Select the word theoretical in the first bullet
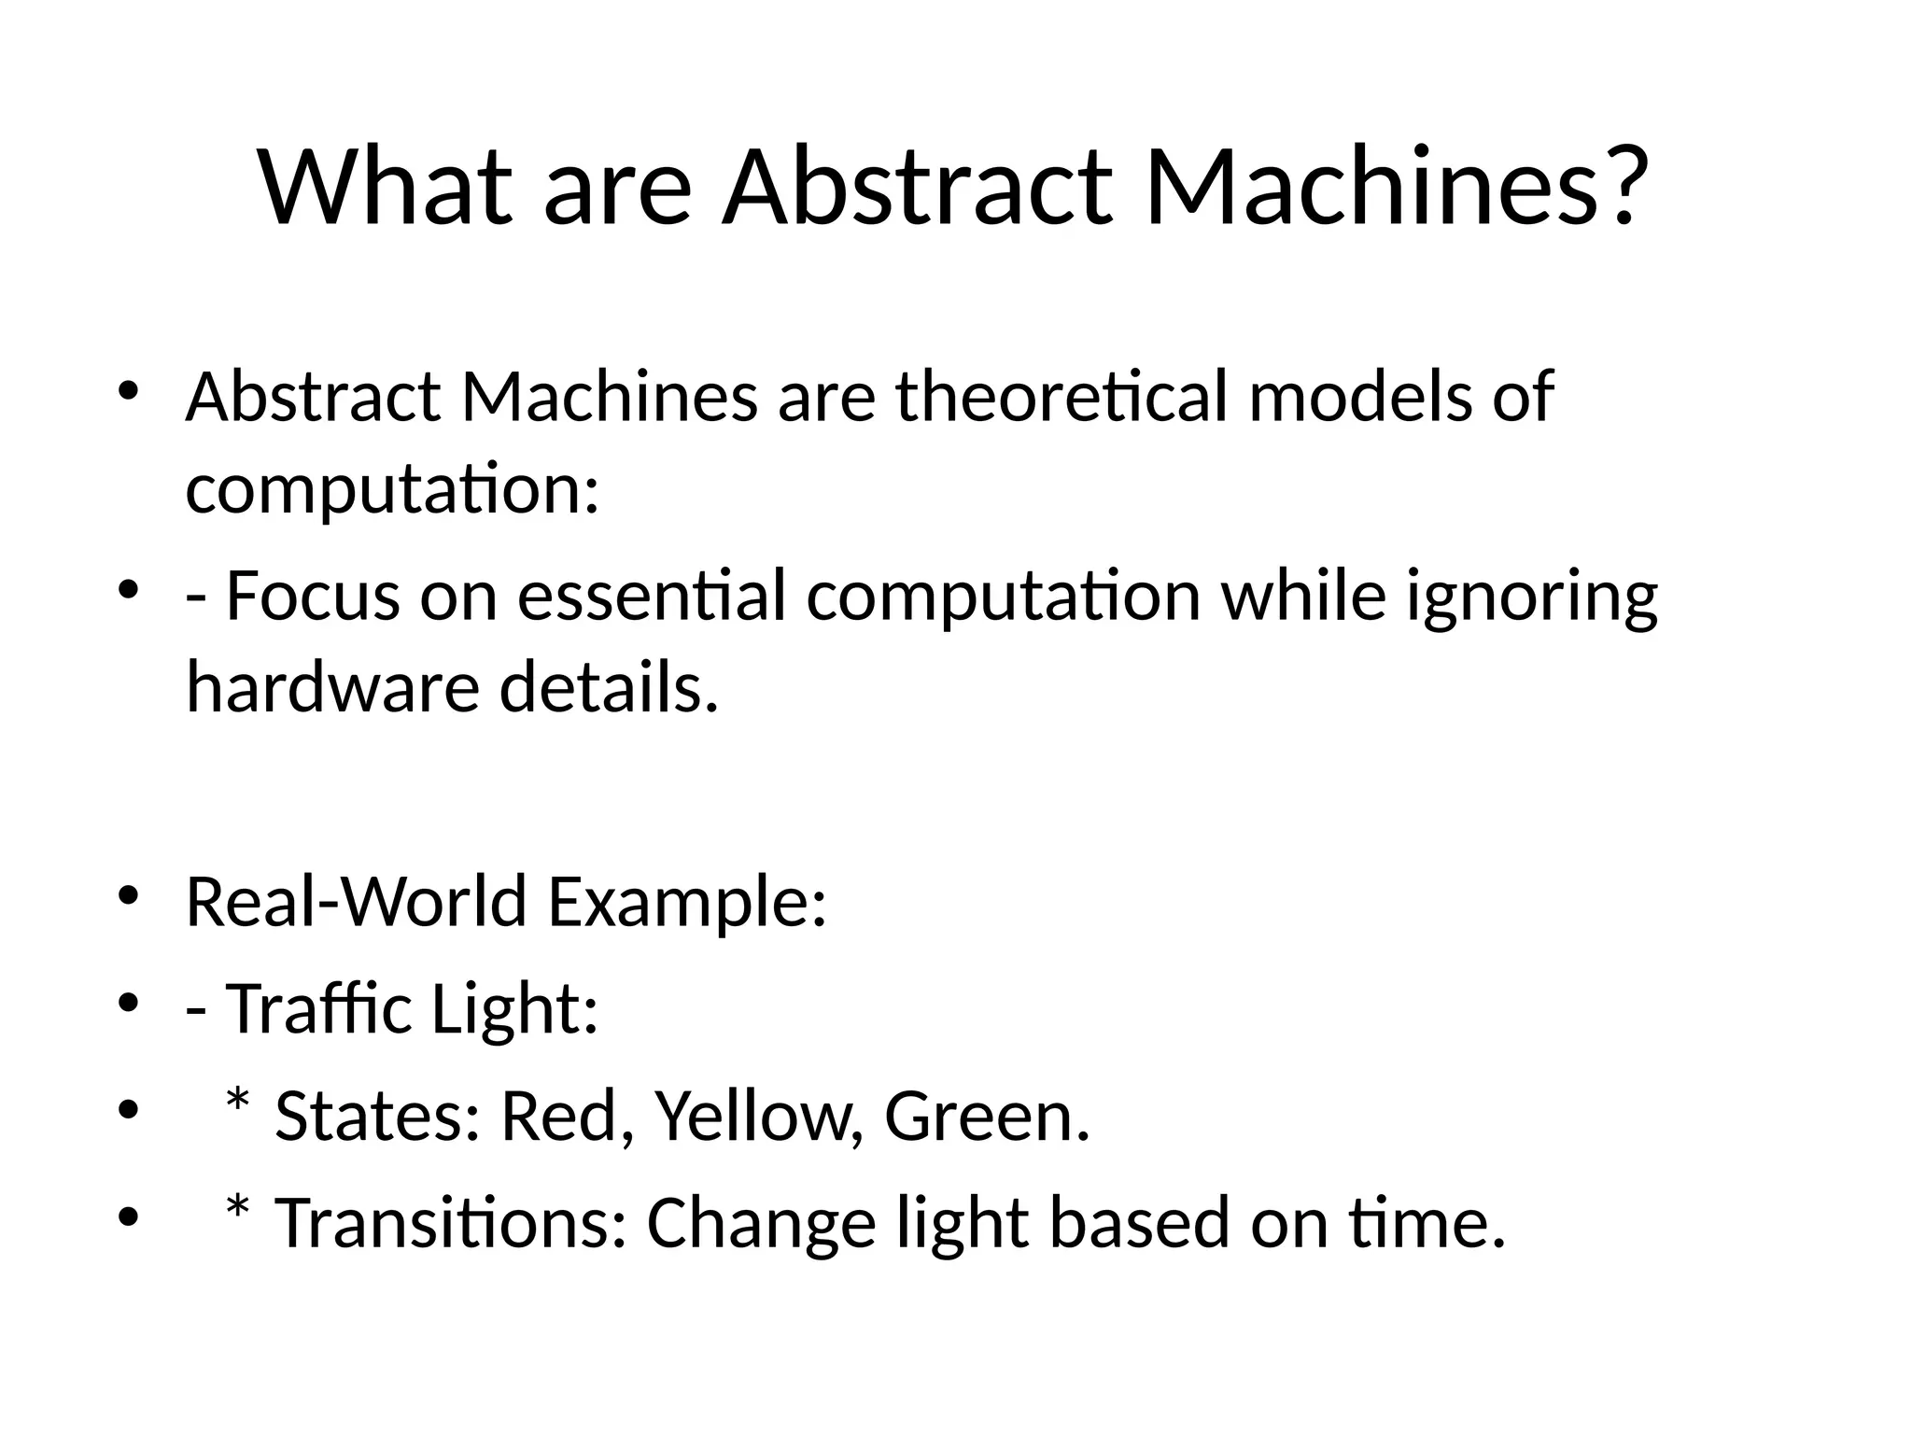pyautogui.click(x=1061, y=397)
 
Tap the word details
pyautogui.click(x=609, y=687)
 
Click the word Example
pyautogui.click(x=687, y=904)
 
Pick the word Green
pyautogui.click(x=986, y=1117)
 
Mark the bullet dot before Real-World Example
pyautogui.click(x=128, y=897)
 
